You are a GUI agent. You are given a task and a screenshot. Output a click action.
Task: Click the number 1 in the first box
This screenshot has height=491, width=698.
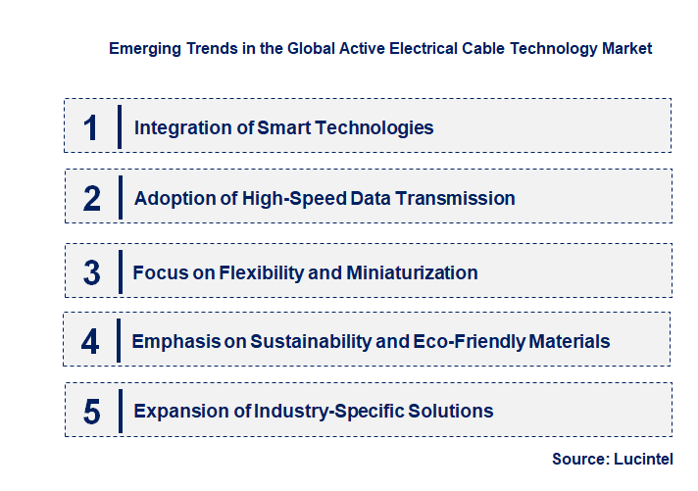coord(91,127)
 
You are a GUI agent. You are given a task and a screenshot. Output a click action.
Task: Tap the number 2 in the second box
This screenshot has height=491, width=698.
coord(91,199)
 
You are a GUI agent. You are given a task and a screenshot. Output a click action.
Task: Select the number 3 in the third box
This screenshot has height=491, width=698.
coord(91,272)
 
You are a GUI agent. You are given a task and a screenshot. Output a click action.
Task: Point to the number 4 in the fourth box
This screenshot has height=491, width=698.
coord(90,342)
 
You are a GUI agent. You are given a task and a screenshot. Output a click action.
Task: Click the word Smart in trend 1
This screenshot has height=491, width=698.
coord(283,127)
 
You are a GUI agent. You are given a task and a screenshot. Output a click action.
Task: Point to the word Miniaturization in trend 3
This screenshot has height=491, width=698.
coord(412,272)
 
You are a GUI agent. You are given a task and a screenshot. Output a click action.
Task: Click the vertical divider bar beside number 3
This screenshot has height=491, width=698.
coord(119,271)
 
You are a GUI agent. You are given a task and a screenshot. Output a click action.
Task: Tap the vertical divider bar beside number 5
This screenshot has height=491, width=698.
coord(119,411)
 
